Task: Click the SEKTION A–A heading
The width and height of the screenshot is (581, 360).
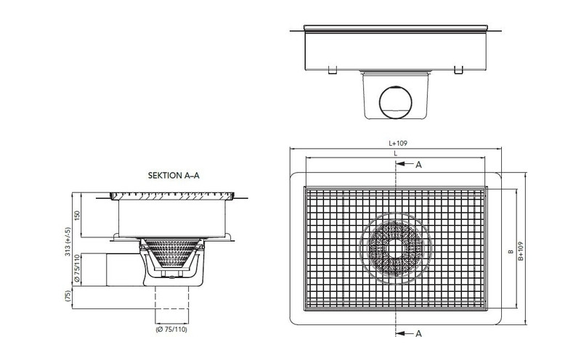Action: pos(174,176)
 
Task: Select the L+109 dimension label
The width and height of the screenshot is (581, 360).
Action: pos(398,143)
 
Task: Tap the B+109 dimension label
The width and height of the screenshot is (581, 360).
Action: pos(521,251)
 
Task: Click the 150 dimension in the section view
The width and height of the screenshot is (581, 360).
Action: pos(77,216)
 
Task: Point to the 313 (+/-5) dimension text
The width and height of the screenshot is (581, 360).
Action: pos(68,242)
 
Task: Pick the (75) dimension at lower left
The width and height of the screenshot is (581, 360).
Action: pos(68,296)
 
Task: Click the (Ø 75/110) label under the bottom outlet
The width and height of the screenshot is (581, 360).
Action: pos(171,330)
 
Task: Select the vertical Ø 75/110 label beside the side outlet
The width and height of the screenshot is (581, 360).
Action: pos(77,268)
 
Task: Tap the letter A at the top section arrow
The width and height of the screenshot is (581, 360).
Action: pos(418,165)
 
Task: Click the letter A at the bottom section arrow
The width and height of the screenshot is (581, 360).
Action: pos(418,334)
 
